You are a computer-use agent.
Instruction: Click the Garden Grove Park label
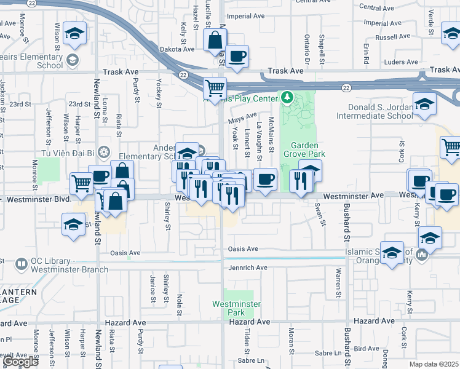[304, 149]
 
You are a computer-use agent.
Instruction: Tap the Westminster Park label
[237, 308]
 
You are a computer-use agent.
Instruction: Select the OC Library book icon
[21, 264]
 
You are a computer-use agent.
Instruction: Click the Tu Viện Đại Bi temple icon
[104, 151]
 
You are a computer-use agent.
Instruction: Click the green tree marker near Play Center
[287, 97]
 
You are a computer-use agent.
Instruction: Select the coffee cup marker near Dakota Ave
[237, 57]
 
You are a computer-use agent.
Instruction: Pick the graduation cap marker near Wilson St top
[74, 35]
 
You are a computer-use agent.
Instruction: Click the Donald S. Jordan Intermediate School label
[375, 111]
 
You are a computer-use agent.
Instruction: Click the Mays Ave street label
[242, 117]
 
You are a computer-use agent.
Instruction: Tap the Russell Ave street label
[392, 37]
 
